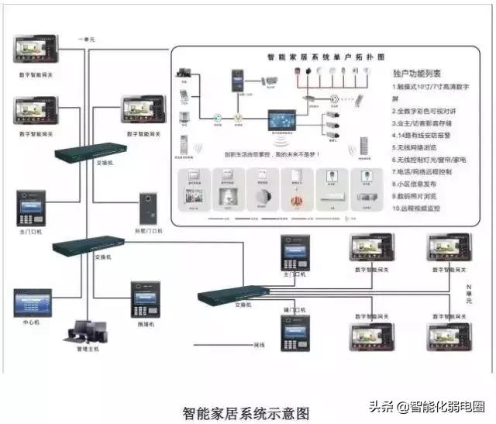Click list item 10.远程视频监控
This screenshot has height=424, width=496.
click(423, 209)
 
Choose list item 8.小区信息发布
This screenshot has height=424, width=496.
click(421, 184)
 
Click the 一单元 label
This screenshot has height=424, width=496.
click(87, 38)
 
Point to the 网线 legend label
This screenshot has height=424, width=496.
click(257, 345)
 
